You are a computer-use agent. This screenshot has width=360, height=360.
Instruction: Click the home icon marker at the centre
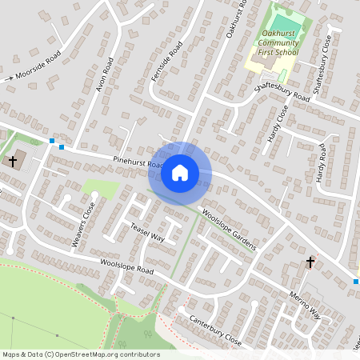179,172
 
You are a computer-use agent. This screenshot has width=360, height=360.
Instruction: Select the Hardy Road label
320,162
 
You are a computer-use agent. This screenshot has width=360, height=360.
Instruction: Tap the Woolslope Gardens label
230,229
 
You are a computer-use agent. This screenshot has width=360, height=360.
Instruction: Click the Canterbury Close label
214,329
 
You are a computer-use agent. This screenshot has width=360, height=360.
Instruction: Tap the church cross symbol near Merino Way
310,262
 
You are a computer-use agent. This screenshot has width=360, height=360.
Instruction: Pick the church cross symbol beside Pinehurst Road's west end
13,161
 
